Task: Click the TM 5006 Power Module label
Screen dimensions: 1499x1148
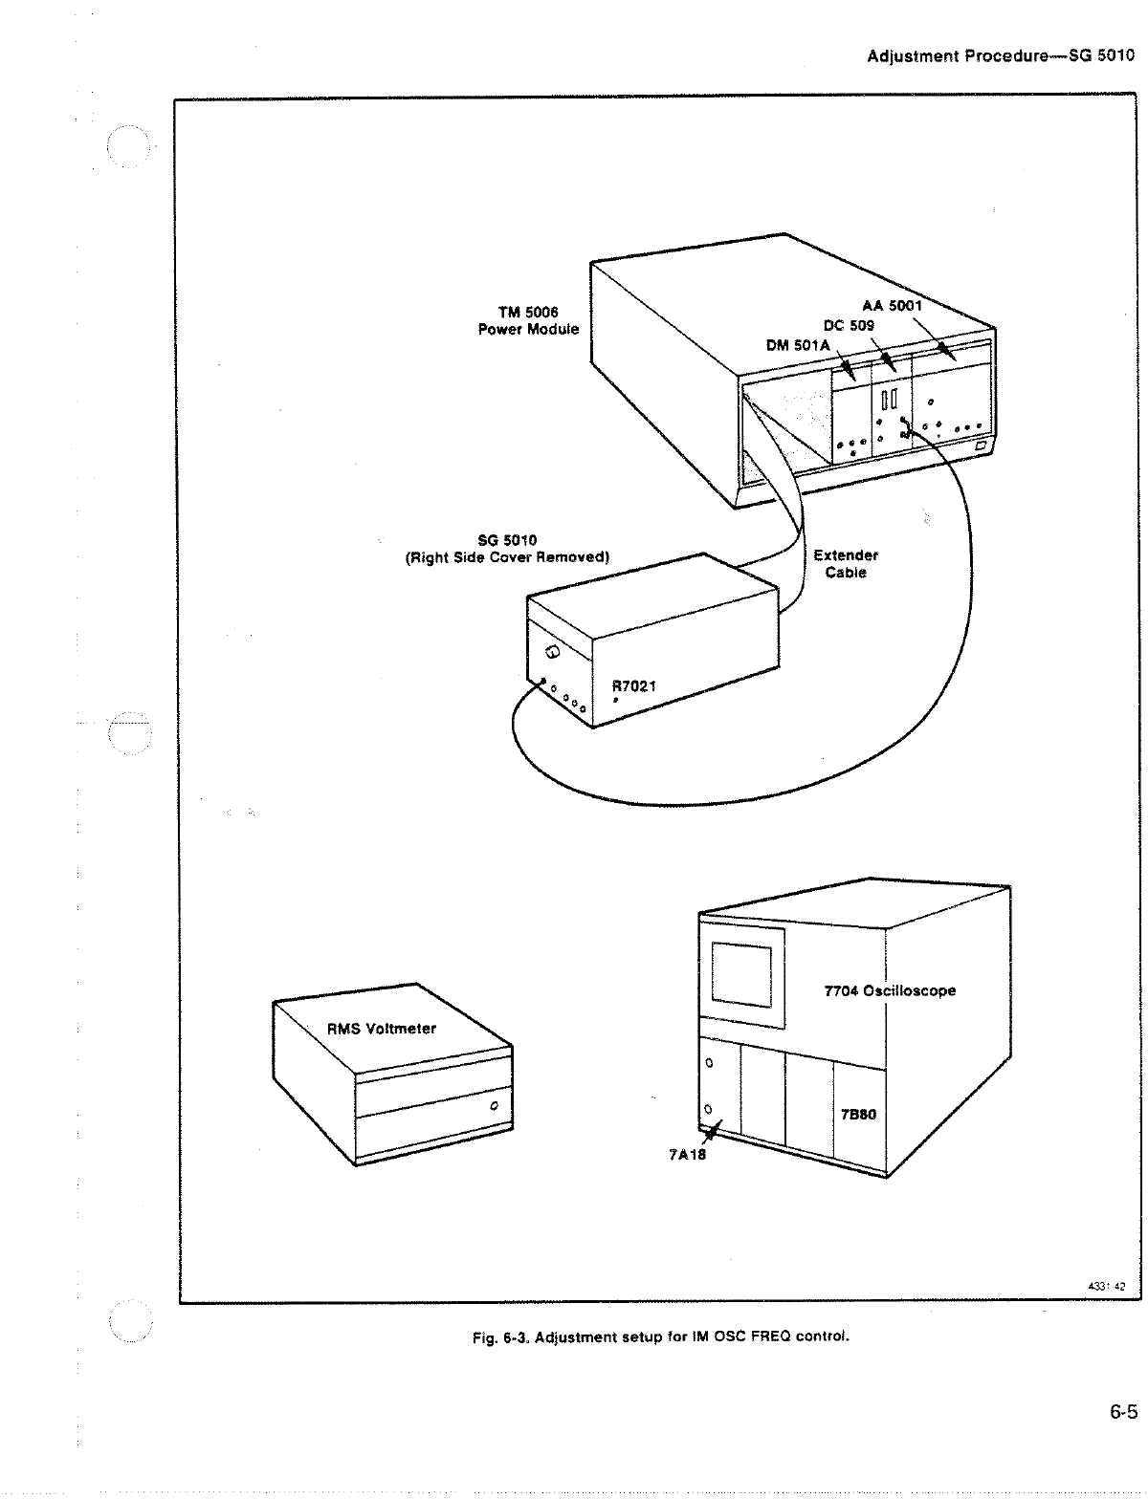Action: coord(528,320)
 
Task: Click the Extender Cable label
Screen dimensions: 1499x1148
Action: coord(846,564)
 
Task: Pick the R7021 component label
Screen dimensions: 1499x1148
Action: coord(634,685)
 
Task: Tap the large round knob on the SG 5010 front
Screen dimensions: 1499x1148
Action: coord(552,652)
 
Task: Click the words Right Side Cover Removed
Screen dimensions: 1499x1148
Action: coord(508,558)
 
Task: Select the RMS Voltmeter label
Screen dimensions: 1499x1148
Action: coord(382,1029)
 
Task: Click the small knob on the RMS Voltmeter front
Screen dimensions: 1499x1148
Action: coord(494,1106)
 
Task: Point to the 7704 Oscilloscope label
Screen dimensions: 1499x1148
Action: coord(890,990)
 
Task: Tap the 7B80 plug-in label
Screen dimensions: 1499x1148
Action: coord(858,1115)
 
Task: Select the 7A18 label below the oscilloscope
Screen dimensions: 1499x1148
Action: coord(686,1152)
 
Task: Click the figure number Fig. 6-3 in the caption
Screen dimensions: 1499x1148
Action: coord(500,1336)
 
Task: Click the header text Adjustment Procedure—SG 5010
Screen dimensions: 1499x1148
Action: coord(1000,55)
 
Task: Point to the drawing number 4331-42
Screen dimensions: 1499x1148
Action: coord(1107,1286)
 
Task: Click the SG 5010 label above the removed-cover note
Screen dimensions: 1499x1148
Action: coord(507,541)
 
